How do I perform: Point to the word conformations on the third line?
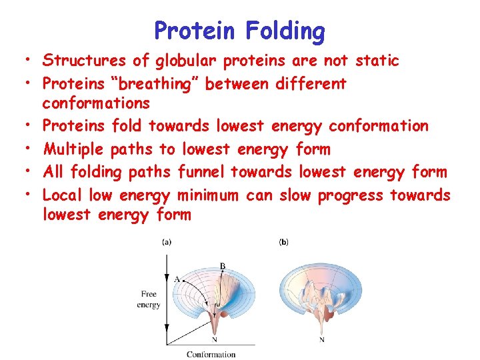(x=96, y=103)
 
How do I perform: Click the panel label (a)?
(x=166, y=242)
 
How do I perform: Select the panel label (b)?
(x=283, y=242)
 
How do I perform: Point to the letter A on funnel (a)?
(x=176, y=279)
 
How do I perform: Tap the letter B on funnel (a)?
(x=223, y=266)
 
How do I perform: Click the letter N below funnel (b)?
(x=321, y=340)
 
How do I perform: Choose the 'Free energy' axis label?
(x=149, y=299)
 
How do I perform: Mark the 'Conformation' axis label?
(x=211, y=354)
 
